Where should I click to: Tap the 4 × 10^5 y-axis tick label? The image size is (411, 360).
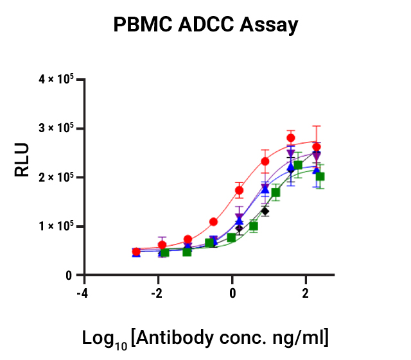point(57,79)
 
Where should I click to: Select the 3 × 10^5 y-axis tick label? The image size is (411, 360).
point(57,128)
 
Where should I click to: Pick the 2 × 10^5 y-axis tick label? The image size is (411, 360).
point(57,177)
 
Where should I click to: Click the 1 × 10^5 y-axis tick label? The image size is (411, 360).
point(57,226)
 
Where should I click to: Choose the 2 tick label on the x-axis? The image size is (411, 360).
point(305,293)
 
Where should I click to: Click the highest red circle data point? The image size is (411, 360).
point(291,138)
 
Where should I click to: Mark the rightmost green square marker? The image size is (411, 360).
point(320,176)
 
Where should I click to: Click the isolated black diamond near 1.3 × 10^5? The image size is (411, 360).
point(265,211)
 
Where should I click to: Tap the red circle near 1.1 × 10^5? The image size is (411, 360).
point(214,221)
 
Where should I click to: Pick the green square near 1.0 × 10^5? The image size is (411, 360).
point(254,226)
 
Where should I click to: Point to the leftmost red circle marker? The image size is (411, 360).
point(136,252)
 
